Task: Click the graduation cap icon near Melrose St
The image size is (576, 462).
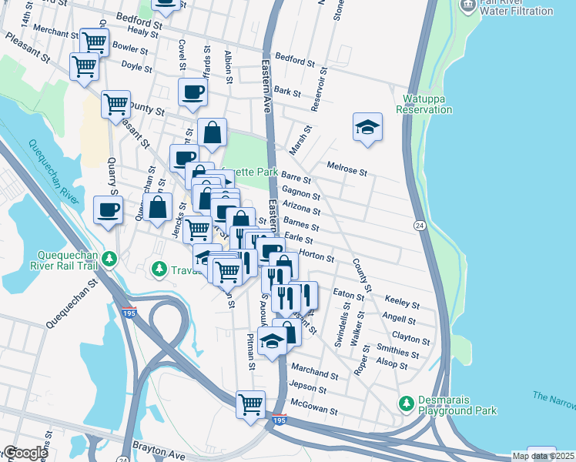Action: pos(368,127)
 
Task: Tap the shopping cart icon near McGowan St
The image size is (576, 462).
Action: pos(250,404)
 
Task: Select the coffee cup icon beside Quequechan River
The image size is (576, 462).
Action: pos(108,210)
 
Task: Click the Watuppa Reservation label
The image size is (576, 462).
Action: pos(424,104)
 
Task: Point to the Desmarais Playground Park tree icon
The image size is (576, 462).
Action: pos(405,403)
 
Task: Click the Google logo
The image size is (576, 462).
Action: pos(25,453)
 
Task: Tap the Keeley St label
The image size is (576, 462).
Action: pos(401,304)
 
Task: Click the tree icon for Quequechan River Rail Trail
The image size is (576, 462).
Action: pos(110,256)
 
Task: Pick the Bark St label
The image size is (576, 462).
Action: pos(287,92)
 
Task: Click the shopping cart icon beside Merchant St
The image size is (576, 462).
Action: pos(94,42)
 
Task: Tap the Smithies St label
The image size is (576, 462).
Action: pos(400,353)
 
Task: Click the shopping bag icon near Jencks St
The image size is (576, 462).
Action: pos(158,207)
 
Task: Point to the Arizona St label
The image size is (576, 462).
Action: pos(301,207)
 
